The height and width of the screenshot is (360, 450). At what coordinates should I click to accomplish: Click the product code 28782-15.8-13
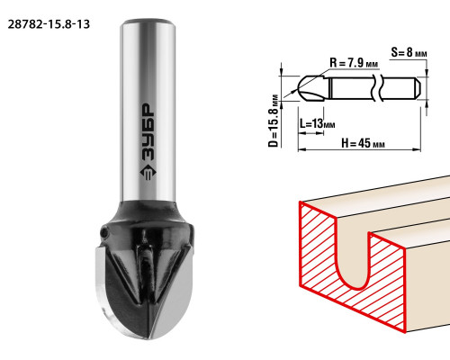pos(49,24)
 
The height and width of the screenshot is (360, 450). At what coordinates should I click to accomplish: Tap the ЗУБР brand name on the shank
pos(148,132)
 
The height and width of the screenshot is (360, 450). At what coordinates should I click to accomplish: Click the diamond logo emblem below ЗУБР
pos(148,173)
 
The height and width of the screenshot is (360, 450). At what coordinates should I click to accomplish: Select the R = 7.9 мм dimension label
pos(354,63)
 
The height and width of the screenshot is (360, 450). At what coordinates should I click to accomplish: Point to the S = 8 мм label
pos(409,52)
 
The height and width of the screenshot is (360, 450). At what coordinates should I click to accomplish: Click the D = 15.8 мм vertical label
pos(273,121)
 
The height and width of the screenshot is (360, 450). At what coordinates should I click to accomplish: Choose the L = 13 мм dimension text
pos(317,123)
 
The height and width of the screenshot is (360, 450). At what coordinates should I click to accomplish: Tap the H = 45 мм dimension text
pos(363,143)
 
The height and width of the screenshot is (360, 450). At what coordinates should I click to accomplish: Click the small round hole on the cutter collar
pos(103,232)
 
